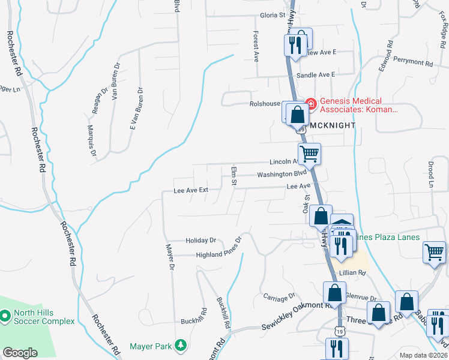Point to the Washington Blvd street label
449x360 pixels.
point(277,174)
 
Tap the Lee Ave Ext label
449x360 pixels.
point(190,190)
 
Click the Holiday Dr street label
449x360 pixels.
point(200,240)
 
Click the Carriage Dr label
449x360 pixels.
point(279,296)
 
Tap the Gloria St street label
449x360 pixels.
point(272,16)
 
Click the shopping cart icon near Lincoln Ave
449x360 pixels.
point(310,154)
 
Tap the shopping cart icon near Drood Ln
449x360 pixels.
point(434,251)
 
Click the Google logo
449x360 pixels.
point(20,353)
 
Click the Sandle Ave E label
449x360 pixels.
point(316,75)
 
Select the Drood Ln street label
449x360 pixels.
point(430,175)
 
